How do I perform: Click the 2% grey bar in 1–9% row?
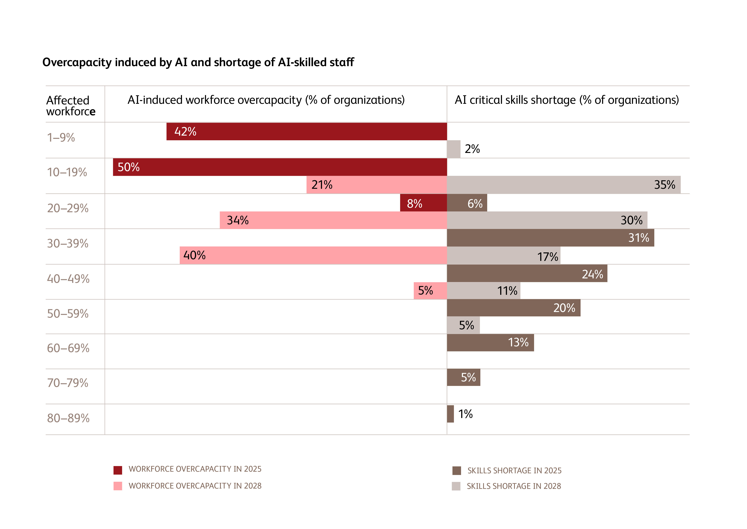point(453,149)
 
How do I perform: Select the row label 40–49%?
point(68,279)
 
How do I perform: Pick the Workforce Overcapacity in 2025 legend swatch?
point(118,470)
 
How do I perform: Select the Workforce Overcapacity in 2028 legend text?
point(195,486)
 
